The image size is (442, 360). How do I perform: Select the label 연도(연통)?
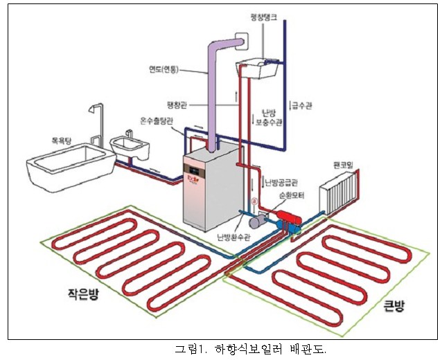click(163, 69)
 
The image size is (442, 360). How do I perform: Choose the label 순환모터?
click(292, 196)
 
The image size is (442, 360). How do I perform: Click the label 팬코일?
click(345, 167)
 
